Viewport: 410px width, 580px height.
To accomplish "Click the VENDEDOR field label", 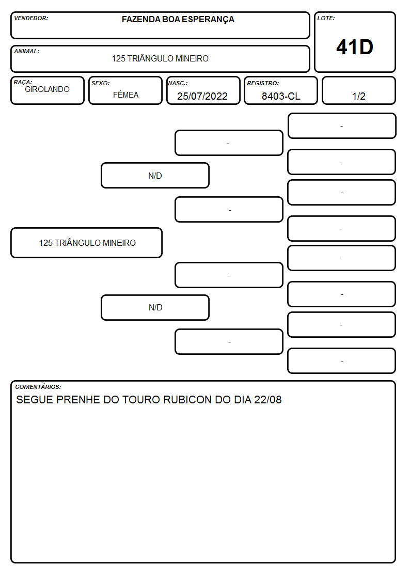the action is [31, 18].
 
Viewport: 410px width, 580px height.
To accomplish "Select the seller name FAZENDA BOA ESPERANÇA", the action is [178, 20].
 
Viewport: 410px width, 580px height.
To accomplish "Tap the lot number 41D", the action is [355, 48].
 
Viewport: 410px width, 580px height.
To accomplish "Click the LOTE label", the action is [326, 18].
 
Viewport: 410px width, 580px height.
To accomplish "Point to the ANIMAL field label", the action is [27, 52].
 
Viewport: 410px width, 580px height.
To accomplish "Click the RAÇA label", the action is [23, 82].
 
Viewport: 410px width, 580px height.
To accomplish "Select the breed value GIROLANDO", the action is [47, 89].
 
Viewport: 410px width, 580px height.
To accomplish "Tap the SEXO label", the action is [101, 83].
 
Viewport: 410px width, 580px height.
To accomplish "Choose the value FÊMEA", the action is [125, 95].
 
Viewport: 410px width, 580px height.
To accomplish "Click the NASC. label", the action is [178, 83].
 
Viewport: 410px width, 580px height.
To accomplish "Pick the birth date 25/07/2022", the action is [202, 96].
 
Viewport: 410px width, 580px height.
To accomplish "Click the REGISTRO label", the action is [263, 83].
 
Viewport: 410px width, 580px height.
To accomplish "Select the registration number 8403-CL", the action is [281, 96].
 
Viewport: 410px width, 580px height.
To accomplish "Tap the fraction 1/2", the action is [358, 96].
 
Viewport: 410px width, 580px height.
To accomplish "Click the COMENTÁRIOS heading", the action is [38, 387].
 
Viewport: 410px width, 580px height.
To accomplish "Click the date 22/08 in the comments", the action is [267, 400].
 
